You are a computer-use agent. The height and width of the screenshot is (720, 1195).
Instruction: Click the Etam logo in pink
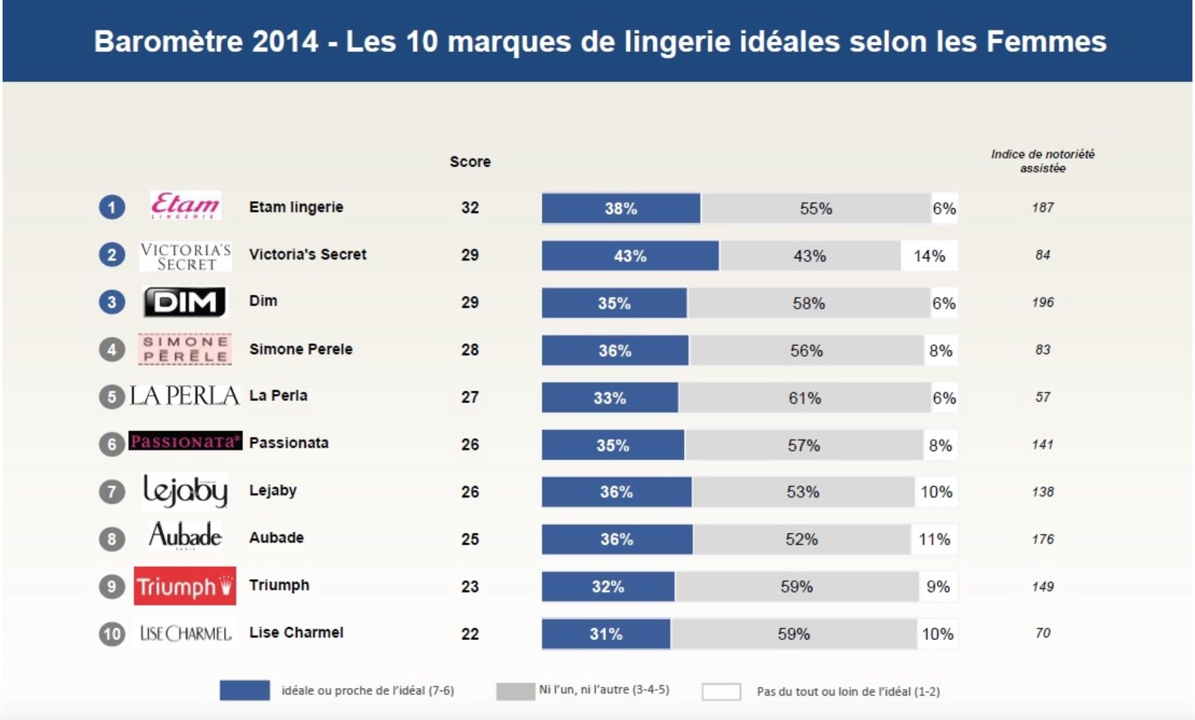(x=185, y=206)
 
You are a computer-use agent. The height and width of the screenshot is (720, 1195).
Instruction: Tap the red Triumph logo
(x=184, y=585)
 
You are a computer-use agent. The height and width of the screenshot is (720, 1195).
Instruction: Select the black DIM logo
(x=184, y=302)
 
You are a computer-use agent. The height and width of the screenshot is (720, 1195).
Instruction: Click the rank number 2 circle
(x=111, y=254)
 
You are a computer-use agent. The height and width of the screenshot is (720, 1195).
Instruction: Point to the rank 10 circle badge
(x=111, y=634)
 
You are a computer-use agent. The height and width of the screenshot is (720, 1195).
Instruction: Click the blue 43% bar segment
(x=630, y=256)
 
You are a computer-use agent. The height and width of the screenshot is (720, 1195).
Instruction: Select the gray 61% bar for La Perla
(x=804, y=398)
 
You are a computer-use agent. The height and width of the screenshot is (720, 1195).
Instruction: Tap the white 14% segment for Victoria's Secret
(x=929, y=256)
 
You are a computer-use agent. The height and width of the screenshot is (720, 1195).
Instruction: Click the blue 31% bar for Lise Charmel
(x=606, y=634)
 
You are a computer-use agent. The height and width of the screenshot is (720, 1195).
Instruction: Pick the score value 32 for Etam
(x=470, y=208)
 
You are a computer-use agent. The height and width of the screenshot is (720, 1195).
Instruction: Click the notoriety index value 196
(x=1043, y=302)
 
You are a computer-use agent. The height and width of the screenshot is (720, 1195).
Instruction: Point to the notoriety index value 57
(x=1043, y=397)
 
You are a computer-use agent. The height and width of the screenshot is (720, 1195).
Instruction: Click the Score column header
(x=470, y=161)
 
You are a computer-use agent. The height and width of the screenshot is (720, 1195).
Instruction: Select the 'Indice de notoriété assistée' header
(x=1043, y=161)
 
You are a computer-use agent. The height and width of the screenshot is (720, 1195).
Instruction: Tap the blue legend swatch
(x=245, y=691)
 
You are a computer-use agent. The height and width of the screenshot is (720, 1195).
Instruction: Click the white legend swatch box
(x=721, y=692)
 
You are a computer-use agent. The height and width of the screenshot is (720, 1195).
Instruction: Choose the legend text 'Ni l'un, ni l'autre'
(x=604, y=690)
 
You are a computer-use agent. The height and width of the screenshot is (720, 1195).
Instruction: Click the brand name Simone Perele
(x=300, y=349)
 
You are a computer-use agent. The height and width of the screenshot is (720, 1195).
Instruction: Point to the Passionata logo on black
(x=185, y=441)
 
